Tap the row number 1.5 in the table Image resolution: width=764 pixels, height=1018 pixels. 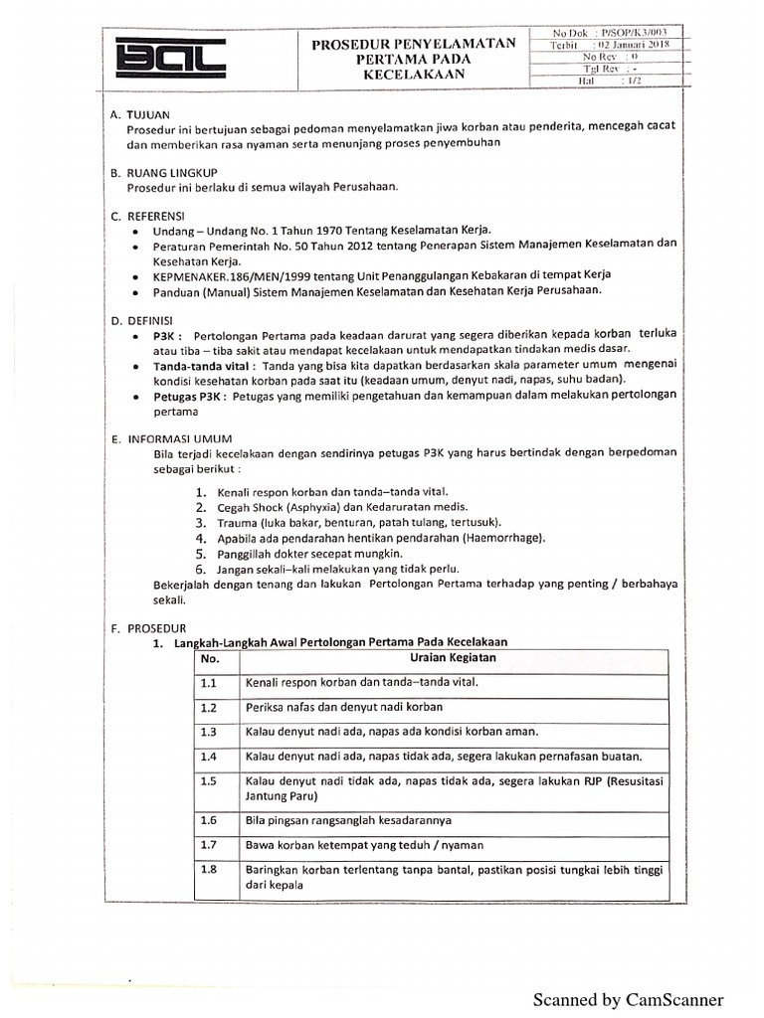coord(208,781)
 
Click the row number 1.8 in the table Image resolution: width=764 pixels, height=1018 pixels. coord(208,870)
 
